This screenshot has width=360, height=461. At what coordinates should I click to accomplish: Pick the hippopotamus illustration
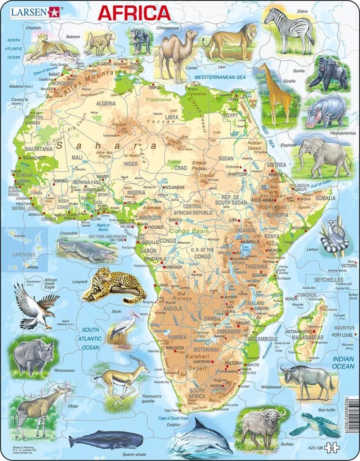click(x=321, y=111)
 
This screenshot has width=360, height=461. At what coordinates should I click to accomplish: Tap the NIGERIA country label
click(x=136, y=193)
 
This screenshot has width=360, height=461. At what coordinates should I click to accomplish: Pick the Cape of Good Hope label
click(x=173, y=418)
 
